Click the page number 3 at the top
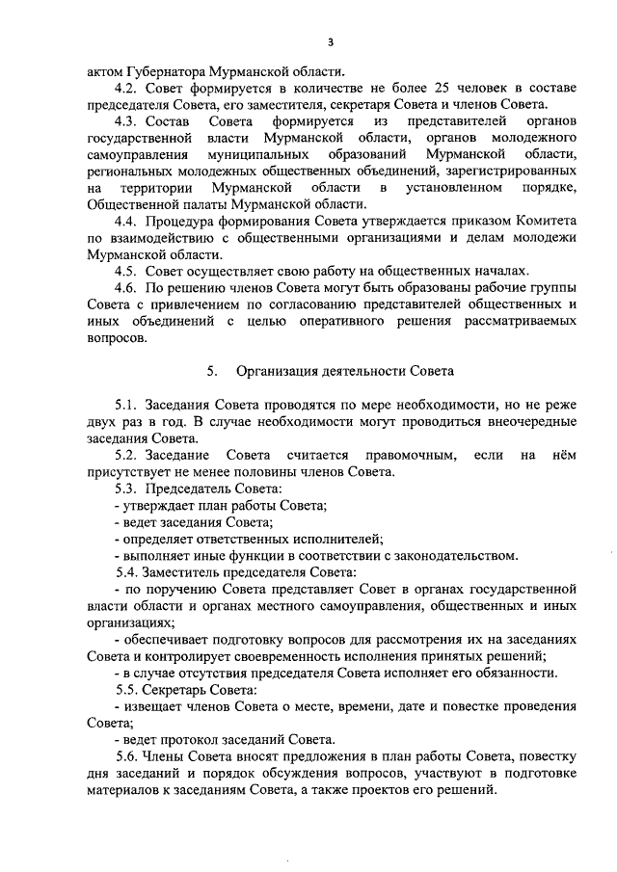[x=331, y=41]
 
